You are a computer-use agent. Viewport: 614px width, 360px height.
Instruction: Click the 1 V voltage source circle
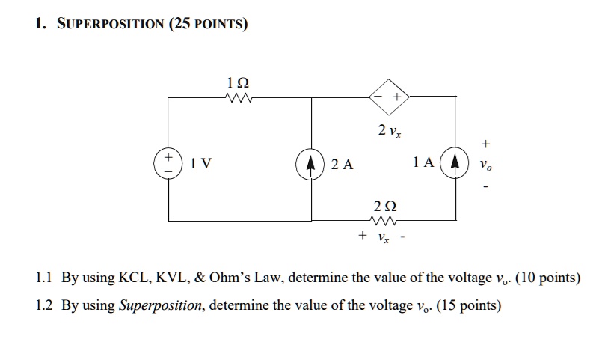click(168, 163)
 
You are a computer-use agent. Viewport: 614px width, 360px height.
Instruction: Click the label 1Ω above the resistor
click(238, 81)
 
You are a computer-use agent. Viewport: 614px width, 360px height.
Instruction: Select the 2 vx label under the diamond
click(389, 131)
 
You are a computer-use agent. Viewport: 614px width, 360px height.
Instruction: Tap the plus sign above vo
click(488, 142)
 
